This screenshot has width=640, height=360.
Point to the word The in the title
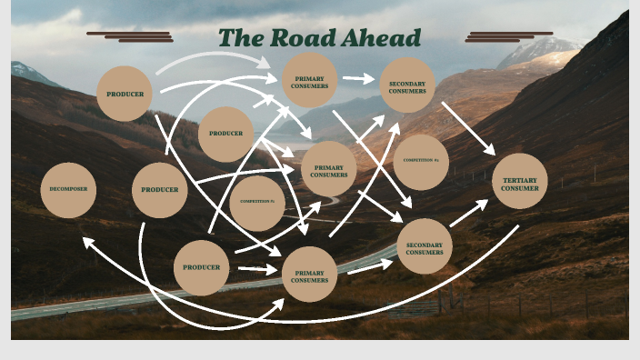coord(240,38)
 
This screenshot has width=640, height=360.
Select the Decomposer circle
coord(68,190)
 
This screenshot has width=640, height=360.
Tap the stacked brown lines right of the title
coord(508,36)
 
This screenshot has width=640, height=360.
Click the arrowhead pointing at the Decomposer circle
coord(87,242)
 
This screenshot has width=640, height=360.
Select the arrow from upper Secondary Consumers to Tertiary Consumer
coord(468,127)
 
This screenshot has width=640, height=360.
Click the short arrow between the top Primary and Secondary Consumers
coord(358,79)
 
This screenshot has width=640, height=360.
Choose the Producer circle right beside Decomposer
coord(159,190)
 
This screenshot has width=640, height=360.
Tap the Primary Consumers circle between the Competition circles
coord(328,170)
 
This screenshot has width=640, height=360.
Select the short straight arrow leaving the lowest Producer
coord(257,269)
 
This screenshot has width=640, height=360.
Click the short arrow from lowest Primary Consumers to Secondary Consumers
coord(370,266)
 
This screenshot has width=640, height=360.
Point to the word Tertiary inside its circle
coord(520,179)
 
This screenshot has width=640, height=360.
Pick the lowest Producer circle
coord(201,267)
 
